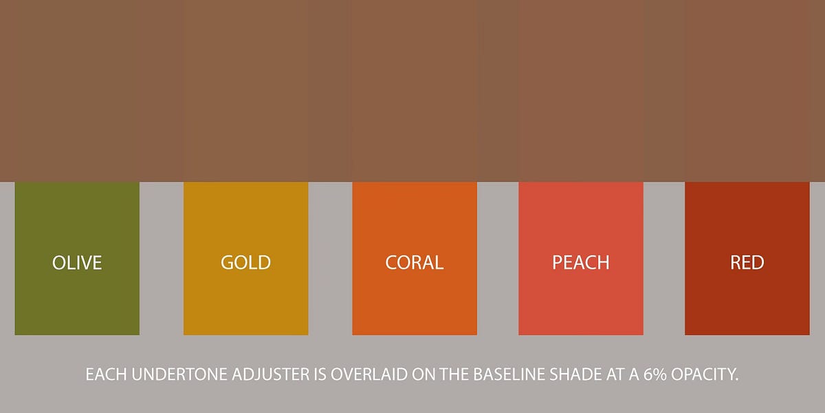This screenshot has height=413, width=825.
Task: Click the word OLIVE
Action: [77, 262]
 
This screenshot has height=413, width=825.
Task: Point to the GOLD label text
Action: [245, 262]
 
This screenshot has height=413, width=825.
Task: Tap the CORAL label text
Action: [415, 262]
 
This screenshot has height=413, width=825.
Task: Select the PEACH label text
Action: [581, 262]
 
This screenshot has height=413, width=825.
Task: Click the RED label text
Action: [747, 262]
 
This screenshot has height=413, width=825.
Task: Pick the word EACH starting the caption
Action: [102, 375]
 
